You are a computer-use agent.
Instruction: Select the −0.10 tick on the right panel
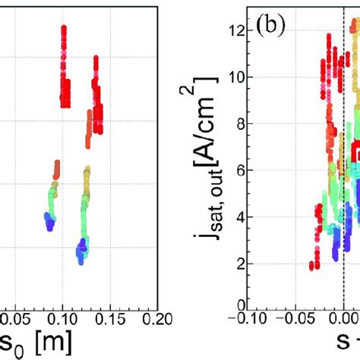(264, 317)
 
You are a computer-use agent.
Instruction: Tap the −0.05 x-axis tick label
(305, 317)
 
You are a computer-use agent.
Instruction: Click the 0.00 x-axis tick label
(346, 317)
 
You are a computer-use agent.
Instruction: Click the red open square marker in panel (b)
(355, 155)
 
